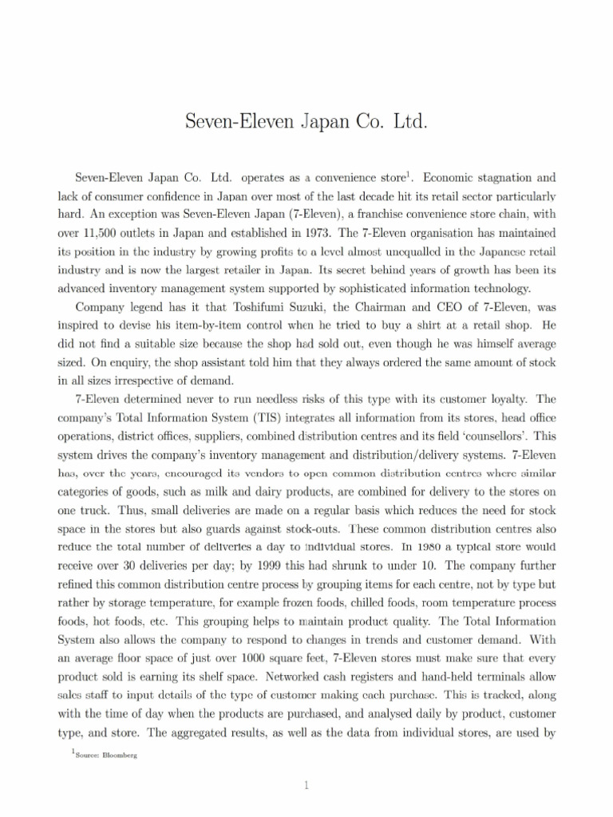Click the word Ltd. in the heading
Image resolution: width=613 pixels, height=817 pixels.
(x=404, y=123)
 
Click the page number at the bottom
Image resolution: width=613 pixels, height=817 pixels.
(x=306, y=786)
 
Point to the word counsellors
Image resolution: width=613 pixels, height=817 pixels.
(x=500, y=436)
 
